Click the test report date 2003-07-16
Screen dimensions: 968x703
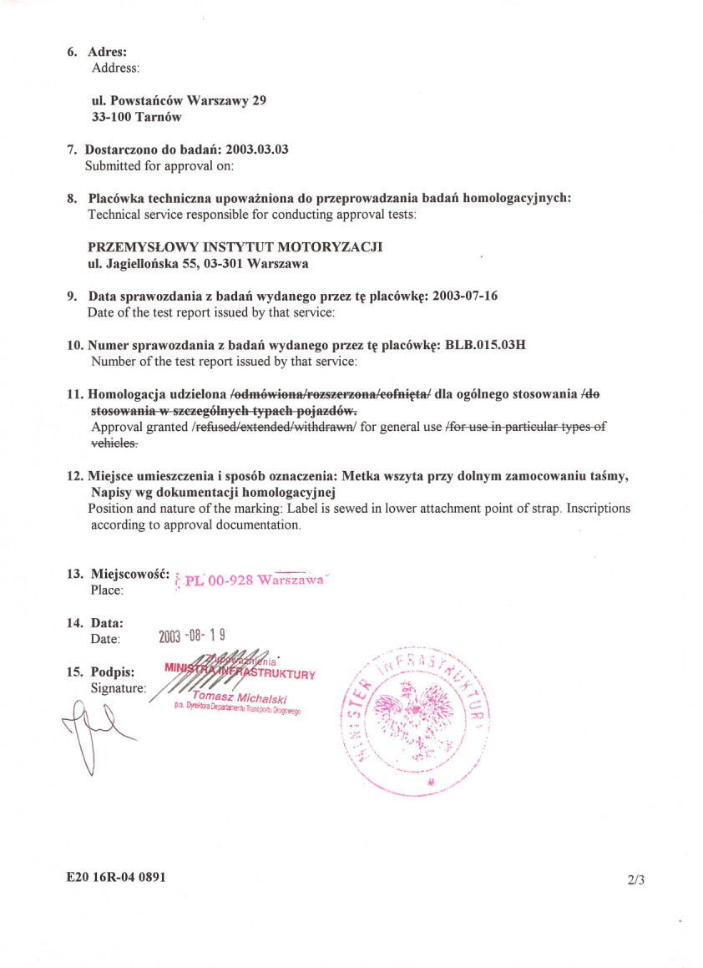(x=465, y=296)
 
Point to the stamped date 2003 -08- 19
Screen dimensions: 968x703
(x=191, y=636)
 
